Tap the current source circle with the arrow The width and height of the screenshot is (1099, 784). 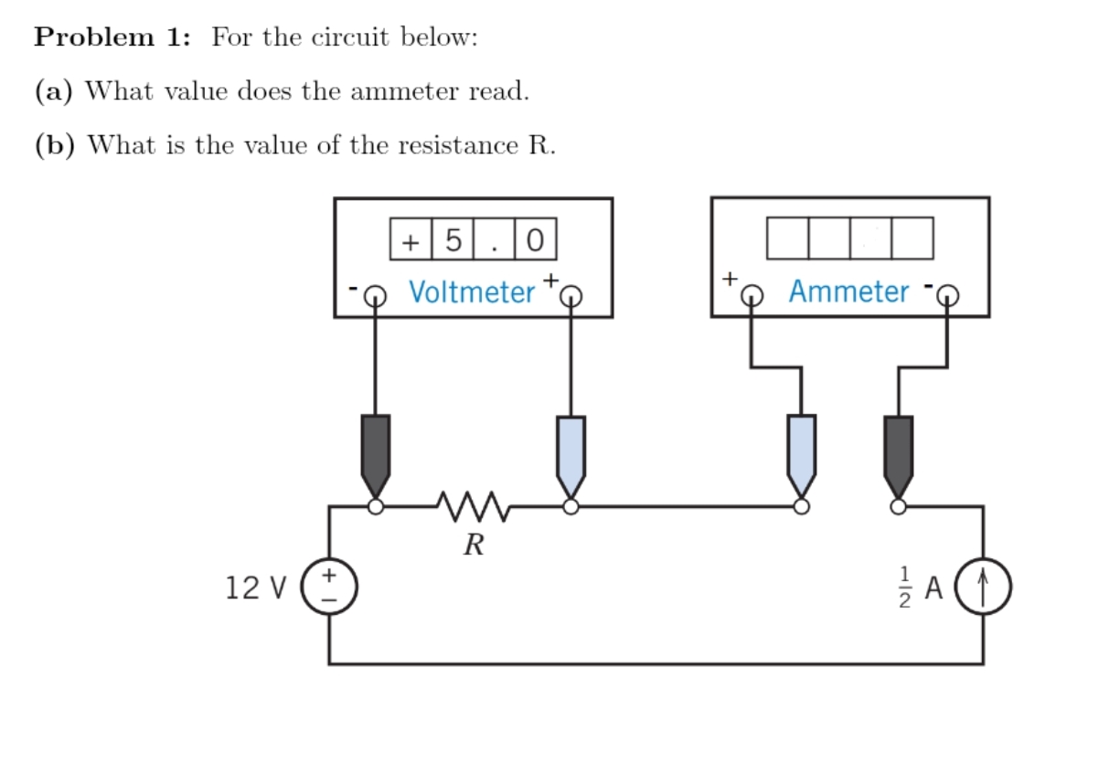(x=983, y=586)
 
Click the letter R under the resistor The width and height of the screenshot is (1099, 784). (x=473, y=546)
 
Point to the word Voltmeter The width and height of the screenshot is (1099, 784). (x=472, y=292)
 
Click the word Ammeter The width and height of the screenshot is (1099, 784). (x=848, y=292)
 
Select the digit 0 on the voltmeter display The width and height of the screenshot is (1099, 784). (x=536, y=240)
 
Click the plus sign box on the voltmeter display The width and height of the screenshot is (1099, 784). (x=411, y=240)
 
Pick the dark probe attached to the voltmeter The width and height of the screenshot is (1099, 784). (x=376, y=452)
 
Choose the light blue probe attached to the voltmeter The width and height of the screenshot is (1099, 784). (x=571, y=452)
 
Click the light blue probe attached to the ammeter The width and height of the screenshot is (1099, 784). (x=801, y=452)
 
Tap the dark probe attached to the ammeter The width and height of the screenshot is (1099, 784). (x=898, y=452)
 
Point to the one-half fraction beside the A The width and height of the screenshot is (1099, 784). (x=905, y=588)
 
